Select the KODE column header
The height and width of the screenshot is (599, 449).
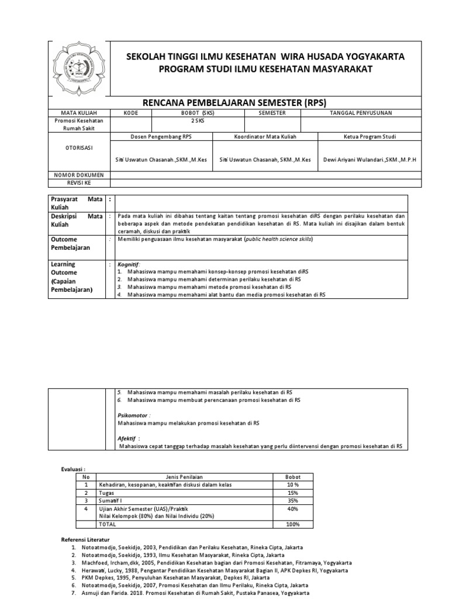tap(132, 112)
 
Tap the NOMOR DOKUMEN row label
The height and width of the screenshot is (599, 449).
tap(78, 174)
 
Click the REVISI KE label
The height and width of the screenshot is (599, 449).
tap(78, 182)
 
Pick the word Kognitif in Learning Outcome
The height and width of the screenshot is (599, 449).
tap(129, 264)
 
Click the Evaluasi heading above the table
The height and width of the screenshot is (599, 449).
tap(74, 469)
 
